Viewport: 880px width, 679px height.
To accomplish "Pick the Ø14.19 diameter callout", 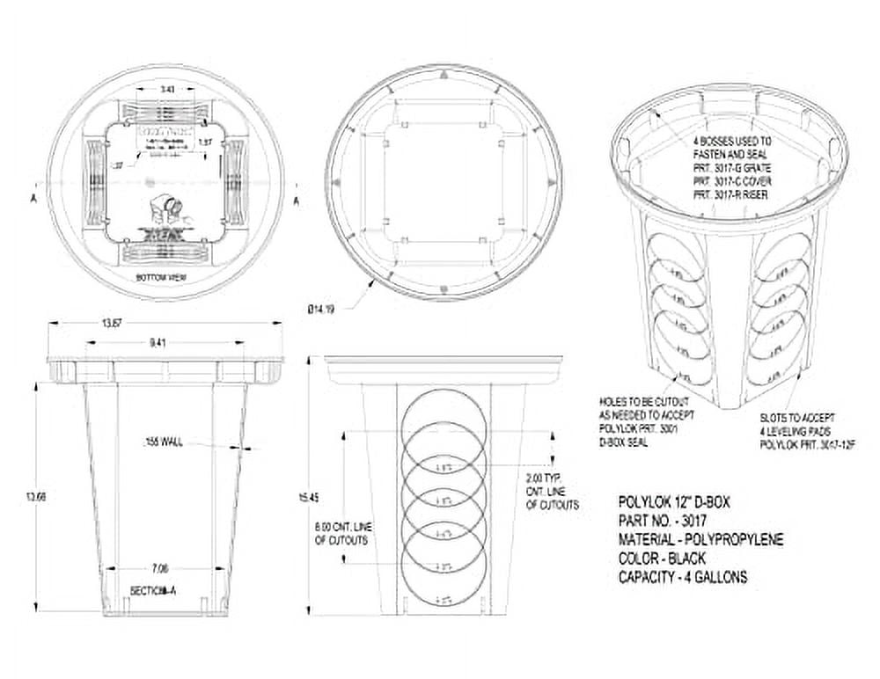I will (x=321, y=309).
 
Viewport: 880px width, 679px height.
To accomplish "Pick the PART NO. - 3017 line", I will (x=661, y=521).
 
